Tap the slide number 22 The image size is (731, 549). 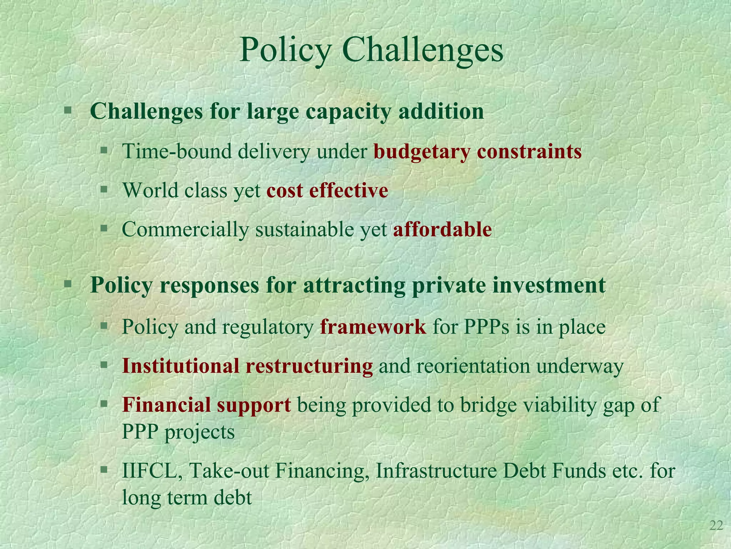tap(716, 525)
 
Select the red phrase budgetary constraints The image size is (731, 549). tap(478, 152)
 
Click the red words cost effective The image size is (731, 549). tap(327, 190)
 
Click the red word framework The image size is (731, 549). tap(373, 326)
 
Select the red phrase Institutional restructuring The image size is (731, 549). tap(247, 366)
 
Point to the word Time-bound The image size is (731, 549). tap(177, 152)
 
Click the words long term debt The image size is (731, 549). tap(187, 498)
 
